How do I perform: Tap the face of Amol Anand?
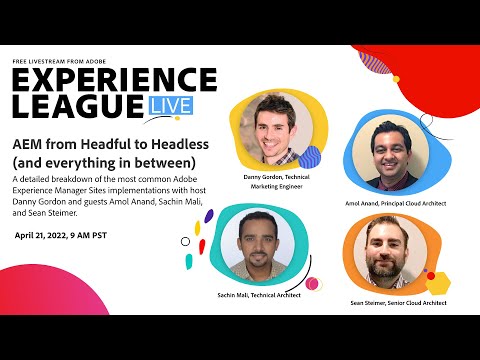pyautogui.click(x=392, y=147)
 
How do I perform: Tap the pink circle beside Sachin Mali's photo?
pyautogui.click(x=314, y=284)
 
